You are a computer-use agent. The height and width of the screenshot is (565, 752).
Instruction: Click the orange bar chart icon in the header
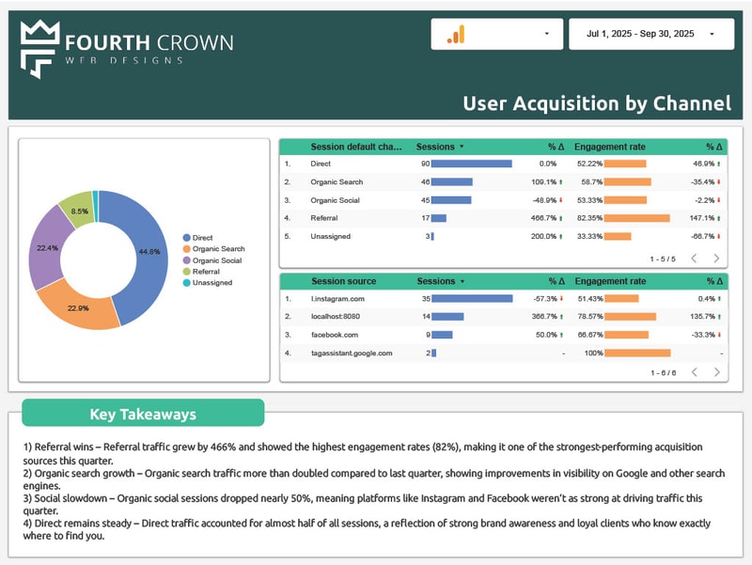click(x=456, y=35)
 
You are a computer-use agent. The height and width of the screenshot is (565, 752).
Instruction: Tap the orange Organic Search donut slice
click(x=89, y=305)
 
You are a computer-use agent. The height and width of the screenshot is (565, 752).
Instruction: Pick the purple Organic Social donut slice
click(x=47, y=247)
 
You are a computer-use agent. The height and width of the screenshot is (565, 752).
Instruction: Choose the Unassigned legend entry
click(x=211, y=282)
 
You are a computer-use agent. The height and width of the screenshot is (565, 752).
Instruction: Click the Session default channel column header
click(x=356, y=147)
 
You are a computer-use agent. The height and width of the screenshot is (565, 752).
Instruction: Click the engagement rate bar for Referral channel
click(x=636, y=218)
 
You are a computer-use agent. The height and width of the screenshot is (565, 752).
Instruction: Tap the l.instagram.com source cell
click(x=337, y=299)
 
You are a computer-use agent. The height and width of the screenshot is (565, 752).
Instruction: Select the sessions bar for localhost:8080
click(x=447, y=317)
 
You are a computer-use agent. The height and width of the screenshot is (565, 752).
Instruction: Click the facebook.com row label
click(x=334, y=335)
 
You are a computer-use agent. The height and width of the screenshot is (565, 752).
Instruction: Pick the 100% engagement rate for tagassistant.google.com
click(x=592, y=353)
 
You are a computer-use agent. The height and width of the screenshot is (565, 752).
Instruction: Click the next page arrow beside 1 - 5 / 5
click(x=716, y=259)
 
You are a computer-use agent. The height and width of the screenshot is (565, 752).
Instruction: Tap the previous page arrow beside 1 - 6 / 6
click(x=694, y=372)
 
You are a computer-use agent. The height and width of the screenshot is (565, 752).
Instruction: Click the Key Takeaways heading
click(x=143, y=414)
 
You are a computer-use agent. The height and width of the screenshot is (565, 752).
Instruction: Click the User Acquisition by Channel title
click(x=596, y=103)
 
